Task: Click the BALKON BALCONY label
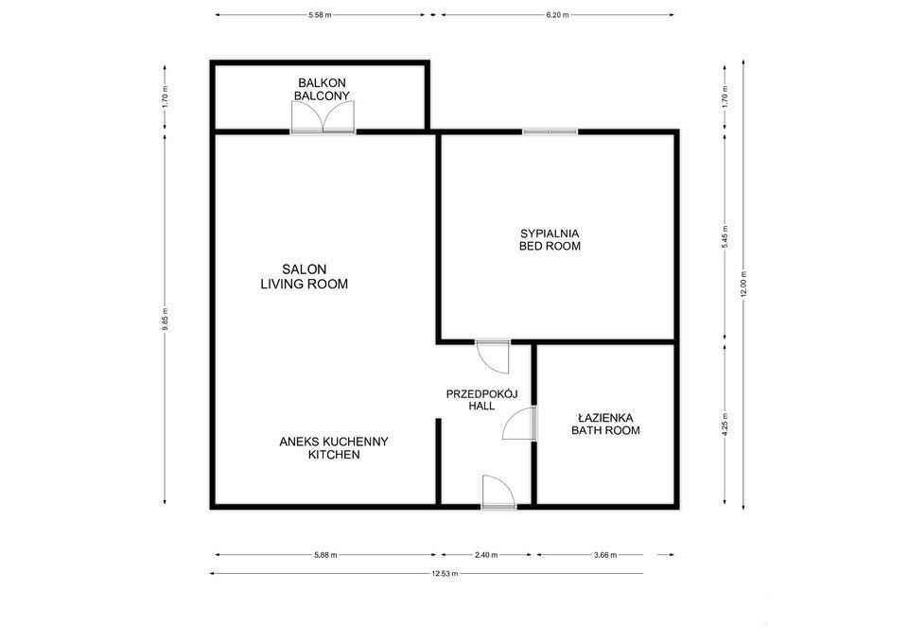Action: coord(322,89)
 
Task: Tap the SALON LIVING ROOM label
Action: coord(304,277)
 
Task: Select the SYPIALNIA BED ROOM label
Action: coord(550,239)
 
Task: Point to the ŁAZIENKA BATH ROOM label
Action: coord(605,424)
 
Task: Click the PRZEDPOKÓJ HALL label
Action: coord(481,400)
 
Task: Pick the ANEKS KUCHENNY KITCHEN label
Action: coord(334,448)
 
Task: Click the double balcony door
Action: coord(323,117)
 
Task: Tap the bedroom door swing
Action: coord(492,356)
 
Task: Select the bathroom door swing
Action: coord(520,424)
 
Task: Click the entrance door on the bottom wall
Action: coord(498,492)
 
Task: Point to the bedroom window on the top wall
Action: coord(550,132)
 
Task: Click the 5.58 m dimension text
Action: coord(320,15)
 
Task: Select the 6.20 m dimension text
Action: coord(558,15)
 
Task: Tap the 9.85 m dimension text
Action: coord(165,319)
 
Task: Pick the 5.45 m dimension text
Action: coord(725,236)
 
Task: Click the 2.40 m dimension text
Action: coord(486,555)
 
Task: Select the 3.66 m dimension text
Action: coord(605,555)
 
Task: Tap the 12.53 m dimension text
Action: coord(445,574)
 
